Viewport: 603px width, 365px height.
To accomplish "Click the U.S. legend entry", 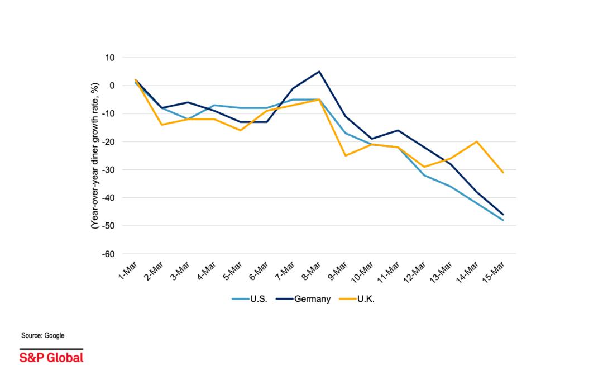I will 250,299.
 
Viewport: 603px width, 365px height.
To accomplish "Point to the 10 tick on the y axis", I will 108,58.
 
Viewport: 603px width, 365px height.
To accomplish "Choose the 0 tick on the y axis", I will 112,86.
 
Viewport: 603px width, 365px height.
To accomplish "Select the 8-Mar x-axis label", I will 312,272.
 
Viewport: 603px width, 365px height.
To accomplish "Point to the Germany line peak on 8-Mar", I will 319,72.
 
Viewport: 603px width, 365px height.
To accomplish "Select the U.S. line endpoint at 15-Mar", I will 503,220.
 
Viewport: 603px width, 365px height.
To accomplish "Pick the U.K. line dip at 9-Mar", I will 346,155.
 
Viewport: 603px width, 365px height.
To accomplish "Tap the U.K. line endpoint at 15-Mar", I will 503,172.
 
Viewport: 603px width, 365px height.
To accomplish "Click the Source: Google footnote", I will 43,335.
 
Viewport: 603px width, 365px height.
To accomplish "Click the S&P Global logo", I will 51,357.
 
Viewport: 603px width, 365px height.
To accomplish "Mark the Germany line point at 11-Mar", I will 398,130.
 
